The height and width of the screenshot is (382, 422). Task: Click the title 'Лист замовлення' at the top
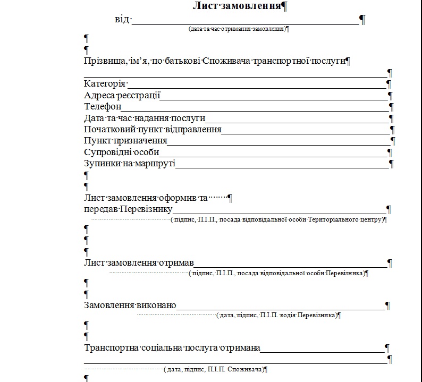point(237,6)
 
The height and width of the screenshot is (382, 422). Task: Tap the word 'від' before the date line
point(121,20)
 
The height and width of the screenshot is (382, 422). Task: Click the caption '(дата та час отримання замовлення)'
point(237,29)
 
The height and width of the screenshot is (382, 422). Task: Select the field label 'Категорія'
point(105,83)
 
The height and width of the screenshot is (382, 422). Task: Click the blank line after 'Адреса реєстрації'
point(274,96)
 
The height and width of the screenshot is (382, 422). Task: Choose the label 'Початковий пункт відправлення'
point(152,130)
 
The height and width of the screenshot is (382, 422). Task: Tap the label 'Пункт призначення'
point(125,141)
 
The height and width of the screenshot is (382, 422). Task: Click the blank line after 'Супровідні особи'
point(274,152)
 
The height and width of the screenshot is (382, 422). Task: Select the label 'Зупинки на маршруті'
point(129,163)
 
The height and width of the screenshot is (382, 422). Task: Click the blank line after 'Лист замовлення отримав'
point(291,263)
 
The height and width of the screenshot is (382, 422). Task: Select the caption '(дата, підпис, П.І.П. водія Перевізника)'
point(277,315)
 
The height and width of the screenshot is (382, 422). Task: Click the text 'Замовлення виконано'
point(130,305)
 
